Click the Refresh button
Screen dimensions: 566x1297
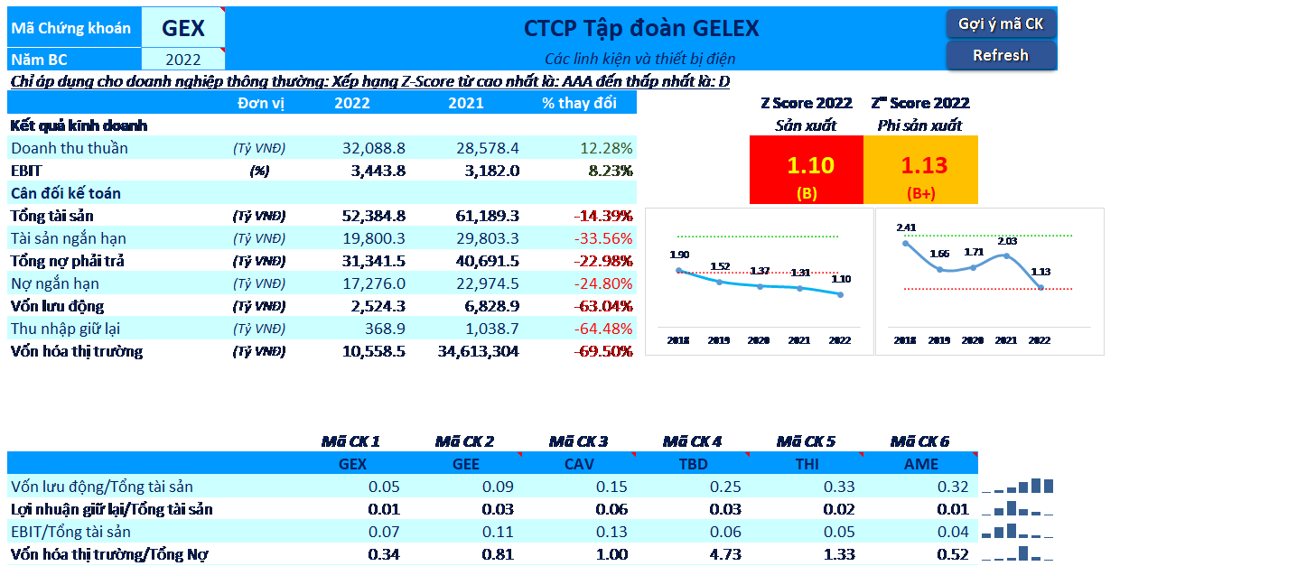click(1001, 55)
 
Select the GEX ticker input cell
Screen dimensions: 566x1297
click(183, 28)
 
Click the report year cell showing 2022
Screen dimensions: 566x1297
click(183, 60)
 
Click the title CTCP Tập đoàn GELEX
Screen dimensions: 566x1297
click(641, 28)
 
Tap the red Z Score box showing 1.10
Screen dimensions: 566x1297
click(807, 170)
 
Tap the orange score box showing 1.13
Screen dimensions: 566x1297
click(920, 170)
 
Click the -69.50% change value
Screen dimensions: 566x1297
click(603, 351)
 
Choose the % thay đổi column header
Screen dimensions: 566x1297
click(579, 103)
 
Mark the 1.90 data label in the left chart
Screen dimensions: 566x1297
click(679, 255)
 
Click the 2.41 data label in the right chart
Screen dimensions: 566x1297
click(906, 227)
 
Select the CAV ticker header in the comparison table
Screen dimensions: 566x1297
click(580, 464)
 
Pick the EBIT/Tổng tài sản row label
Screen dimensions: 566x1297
click(70, 532)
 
